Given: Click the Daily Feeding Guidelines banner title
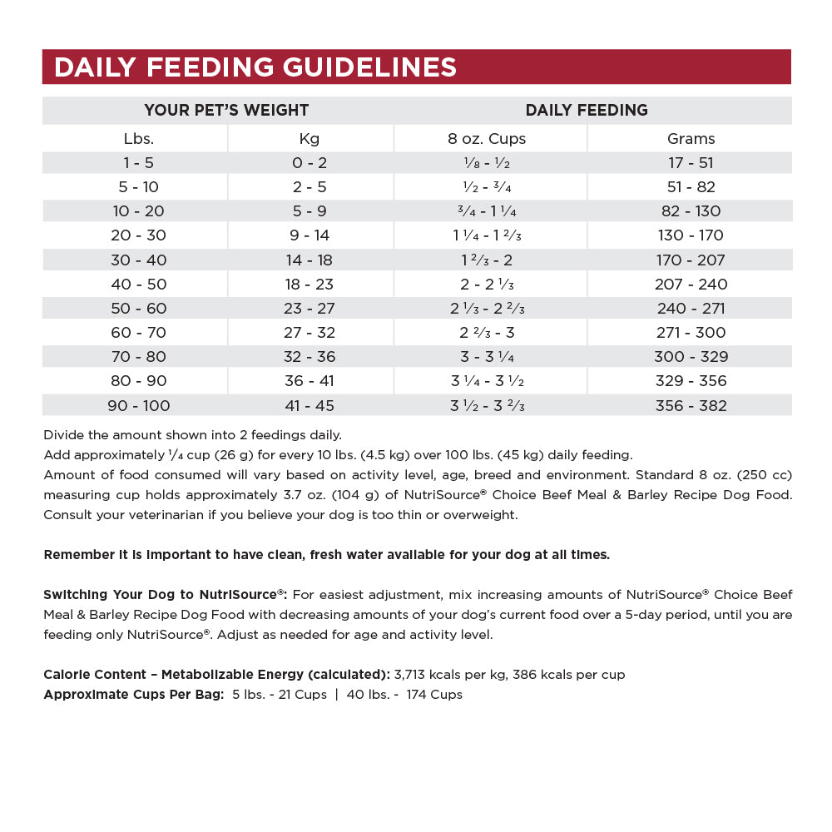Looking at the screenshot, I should pos(255,67).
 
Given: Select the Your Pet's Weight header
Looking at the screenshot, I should pos(226,110).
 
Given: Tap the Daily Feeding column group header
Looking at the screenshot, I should pos(587,110).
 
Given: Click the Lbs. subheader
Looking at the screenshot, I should pos(138,139).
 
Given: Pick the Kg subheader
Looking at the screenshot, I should pos(310,139).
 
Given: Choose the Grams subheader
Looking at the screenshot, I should pos(691,139).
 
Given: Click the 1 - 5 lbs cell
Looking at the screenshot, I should pos(138,163).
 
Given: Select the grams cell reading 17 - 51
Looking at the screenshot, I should pos(691,163).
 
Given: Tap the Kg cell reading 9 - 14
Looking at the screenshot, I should pos(310,235).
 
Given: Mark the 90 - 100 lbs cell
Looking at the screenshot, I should pos(138,406).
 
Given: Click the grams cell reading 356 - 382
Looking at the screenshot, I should pos(691,406).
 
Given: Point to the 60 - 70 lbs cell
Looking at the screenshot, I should pos(138,333).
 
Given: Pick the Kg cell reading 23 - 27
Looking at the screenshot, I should pos(310,309).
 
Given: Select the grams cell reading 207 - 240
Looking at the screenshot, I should pos(691,285).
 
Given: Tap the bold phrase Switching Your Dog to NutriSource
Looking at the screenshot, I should pos(165,595).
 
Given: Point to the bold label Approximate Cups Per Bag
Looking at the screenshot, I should pos(133,695).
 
